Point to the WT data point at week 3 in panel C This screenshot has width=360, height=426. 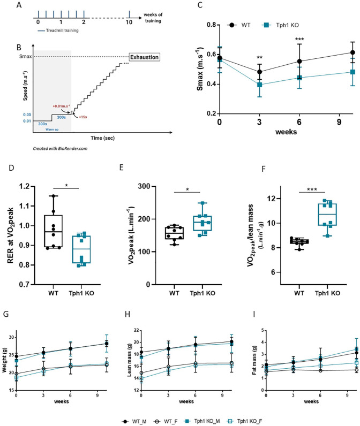(260, 72)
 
